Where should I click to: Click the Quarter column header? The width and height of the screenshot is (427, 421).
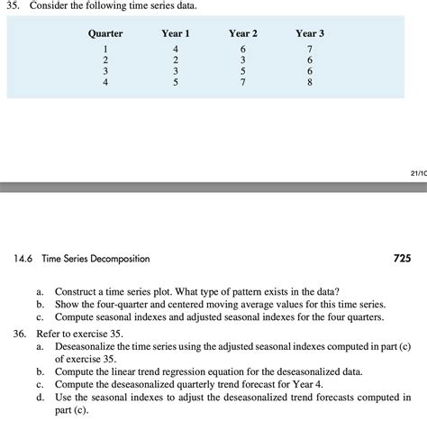[105, 33]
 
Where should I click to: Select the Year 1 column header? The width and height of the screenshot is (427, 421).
[175, 33]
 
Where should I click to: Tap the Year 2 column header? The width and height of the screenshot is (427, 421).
[243, 33]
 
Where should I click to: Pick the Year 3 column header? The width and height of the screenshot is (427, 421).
[310, 33]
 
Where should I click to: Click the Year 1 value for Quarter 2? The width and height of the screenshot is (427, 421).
[176, 59]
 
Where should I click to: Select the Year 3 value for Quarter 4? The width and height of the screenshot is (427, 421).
[310, 82]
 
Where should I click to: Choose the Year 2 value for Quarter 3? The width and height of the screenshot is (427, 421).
[242, 71]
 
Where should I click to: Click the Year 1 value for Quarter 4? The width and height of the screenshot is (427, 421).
[176, 82]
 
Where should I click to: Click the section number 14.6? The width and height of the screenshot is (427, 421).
[23, 259]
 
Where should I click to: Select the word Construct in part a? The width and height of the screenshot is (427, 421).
[78, 293]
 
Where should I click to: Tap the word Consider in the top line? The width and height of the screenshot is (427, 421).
[57, 7]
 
